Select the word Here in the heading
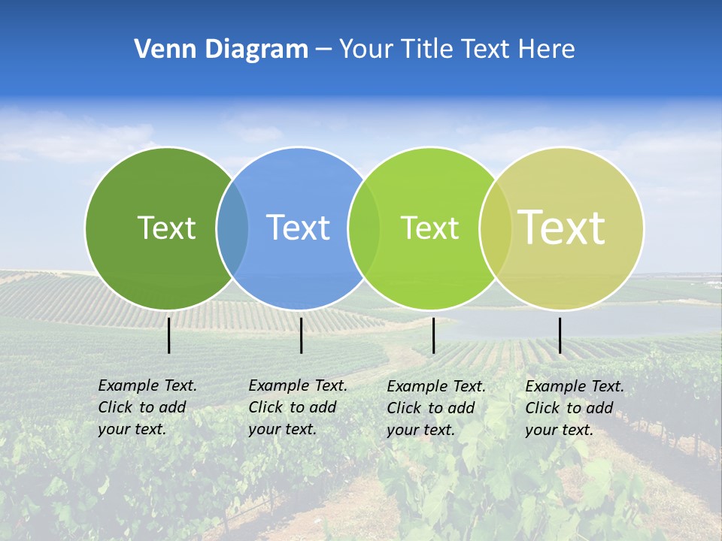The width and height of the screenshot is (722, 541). coord(547,50)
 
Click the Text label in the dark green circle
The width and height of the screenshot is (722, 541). coord(166,228)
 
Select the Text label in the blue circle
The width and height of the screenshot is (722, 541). coord(298,228)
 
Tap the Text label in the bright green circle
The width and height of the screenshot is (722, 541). coord(429,228)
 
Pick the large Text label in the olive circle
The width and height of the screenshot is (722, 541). coord(562,228)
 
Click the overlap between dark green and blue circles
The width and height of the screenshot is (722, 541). coord(232,228)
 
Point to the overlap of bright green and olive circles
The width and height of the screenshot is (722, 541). coord(496,228)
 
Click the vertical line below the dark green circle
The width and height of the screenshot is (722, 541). coord(169,335)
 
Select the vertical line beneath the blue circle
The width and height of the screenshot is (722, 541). coord(301,335)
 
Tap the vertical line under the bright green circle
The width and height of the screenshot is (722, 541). coord(434,335)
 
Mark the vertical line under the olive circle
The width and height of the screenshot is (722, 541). coord(560,335)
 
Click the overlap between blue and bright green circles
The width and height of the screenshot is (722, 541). coord(364,228)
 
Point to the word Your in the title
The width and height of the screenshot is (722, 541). coord(366,50)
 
